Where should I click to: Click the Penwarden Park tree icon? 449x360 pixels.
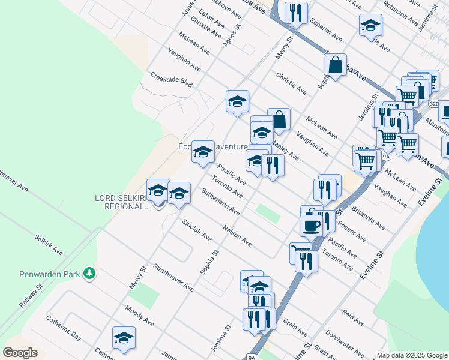pos(89,274)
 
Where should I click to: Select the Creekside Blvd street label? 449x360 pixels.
pos(171,80)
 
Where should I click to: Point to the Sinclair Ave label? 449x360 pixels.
pos(197,229)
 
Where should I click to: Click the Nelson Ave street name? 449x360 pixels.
pos(237,235)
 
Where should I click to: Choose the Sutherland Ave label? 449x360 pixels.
pos(220,202)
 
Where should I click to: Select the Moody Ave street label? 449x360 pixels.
pos(139,316)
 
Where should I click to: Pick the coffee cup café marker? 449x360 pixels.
pos(311,226)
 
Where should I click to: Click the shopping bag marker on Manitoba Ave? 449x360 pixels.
pos(336,65)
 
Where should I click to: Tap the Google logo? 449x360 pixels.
pos(20,353)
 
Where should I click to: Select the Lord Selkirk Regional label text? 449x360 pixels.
pos(121,202)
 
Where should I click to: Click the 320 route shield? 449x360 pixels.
pos(433,104)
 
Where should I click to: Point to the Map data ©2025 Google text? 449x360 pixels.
pos(411,355)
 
